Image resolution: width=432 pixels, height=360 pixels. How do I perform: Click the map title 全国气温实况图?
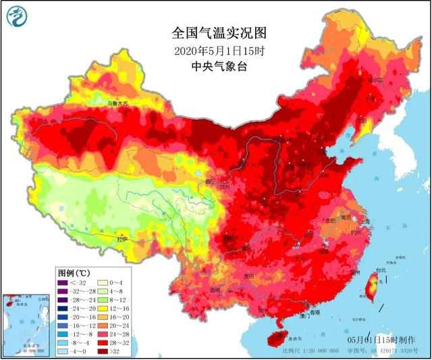216,32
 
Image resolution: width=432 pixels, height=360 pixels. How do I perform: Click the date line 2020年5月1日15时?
216,51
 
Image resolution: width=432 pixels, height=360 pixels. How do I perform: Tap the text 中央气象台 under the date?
216,66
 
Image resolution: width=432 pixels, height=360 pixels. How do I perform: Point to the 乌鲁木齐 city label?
117,104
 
